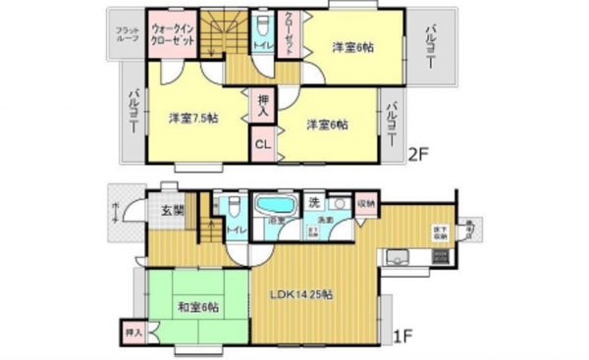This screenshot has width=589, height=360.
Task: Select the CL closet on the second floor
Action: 263,145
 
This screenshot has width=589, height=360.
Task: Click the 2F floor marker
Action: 418,153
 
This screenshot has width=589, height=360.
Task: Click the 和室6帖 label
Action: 198,307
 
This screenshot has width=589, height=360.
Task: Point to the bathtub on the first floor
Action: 274,207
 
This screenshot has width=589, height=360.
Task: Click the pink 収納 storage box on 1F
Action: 365,204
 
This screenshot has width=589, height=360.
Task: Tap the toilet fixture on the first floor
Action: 233,210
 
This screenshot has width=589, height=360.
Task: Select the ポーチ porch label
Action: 115,213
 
